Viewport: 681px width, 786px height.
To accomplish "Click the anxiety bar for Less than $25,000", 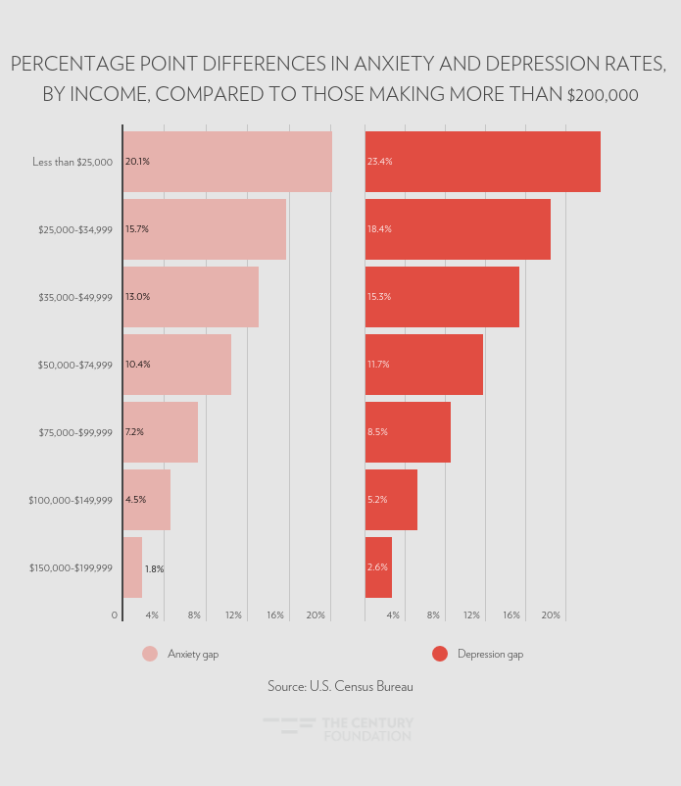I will point(227,162).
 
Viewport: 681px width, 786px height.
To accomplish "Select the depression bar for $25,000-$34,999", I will point(458,229).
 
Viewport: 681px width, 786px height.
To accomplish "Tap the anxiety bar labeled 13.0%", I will point(191,297).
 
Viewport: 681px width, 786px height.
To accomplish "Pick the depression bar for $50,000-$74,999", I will point(424,365).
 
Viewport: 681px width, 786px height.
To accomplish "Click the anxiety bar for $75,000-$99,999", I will point(161,432).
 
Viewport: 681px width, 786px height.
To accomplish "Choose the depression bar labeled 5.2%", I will point(391,500).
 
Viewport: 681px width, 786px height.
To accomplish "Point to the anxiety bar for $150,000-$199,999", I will point(132,567).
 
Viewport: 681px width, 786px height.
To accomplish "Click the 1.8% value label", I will point(154,568).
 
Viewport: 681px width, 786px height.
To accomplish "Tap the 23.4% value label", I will point(379,162).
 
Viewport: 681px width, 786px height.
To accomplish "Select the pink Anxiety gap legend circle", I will point(149,654).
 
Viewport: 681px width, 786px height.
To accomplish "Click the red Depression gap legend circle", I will point(439,654).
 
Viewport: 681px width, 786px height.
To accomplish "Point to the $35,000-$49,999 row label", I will point(75,297).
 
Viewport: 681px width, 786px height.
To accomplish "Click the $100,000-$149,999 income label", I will point(71,500).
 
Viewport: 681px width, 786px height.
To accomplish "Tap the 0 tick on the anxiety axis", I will point(115,615).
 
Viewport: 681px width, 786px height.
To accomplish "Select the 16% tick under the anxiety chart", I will point(275,615).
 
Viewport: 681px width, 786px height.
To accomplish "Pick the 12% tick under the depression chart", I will point(471,615).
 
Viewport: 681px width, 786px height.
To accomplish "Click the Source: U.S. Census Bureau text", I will point(340,687).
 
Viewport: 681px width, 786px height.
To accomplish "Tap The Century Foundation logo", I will point(339,729).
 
